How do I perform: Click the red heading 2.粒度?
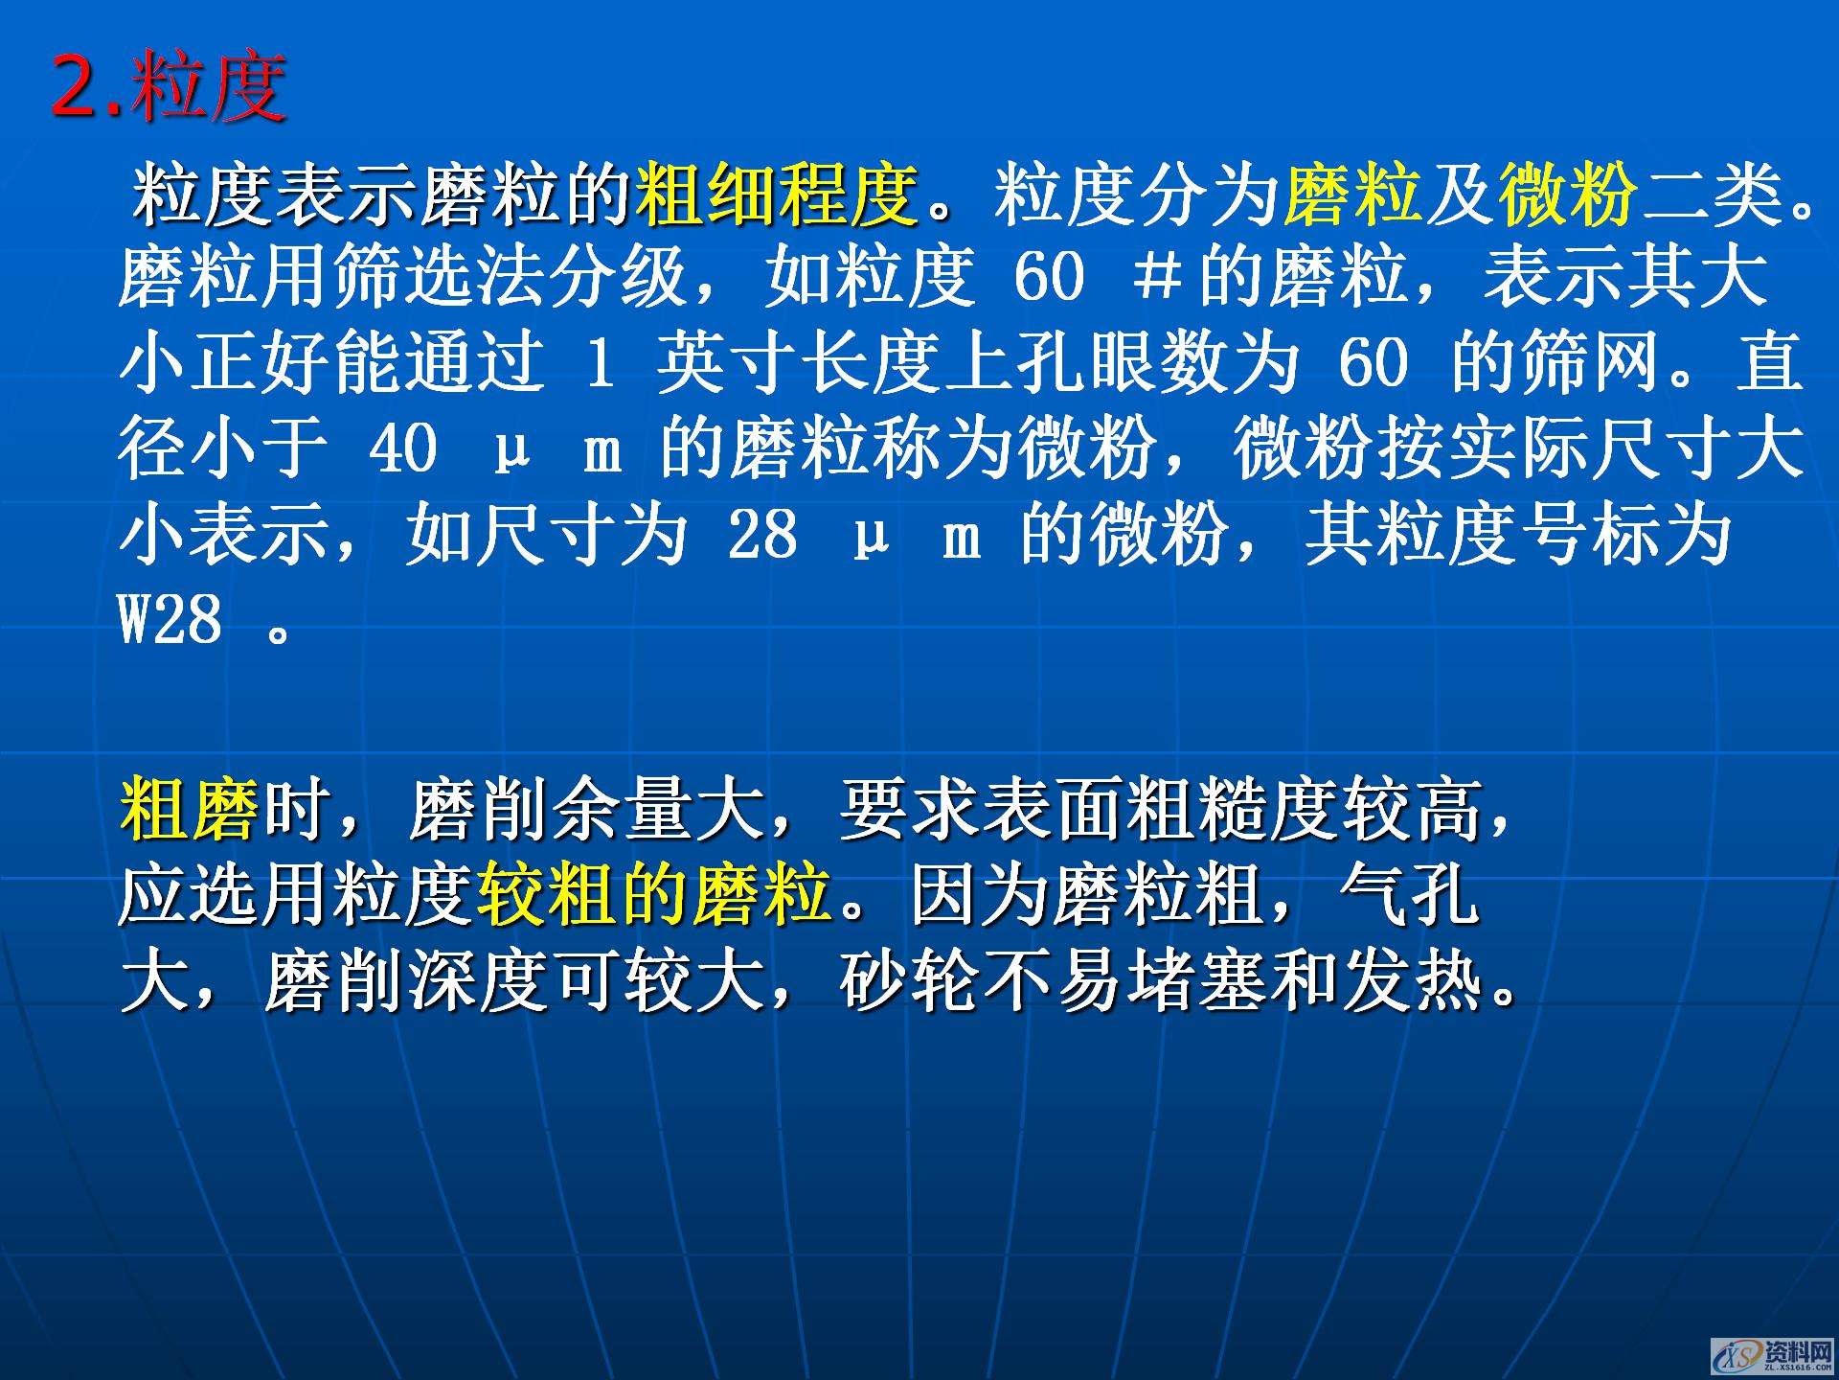(169, 87)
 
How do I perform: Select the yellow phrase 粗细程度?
(776, 195)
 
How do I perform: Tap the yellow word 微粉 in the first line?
(1568, 195)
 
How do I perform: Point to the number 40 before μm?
(403, 448)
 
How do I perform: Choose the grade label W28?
(170, 620)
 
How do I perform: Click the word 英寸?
(728, 363)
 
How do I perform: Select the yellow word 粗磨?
(189, 810)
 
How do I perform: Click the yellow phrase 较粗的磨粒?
(654, 895)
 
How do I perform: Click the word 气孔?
(1410, 895)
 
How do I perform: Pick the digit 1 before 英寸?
(600, 363)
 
